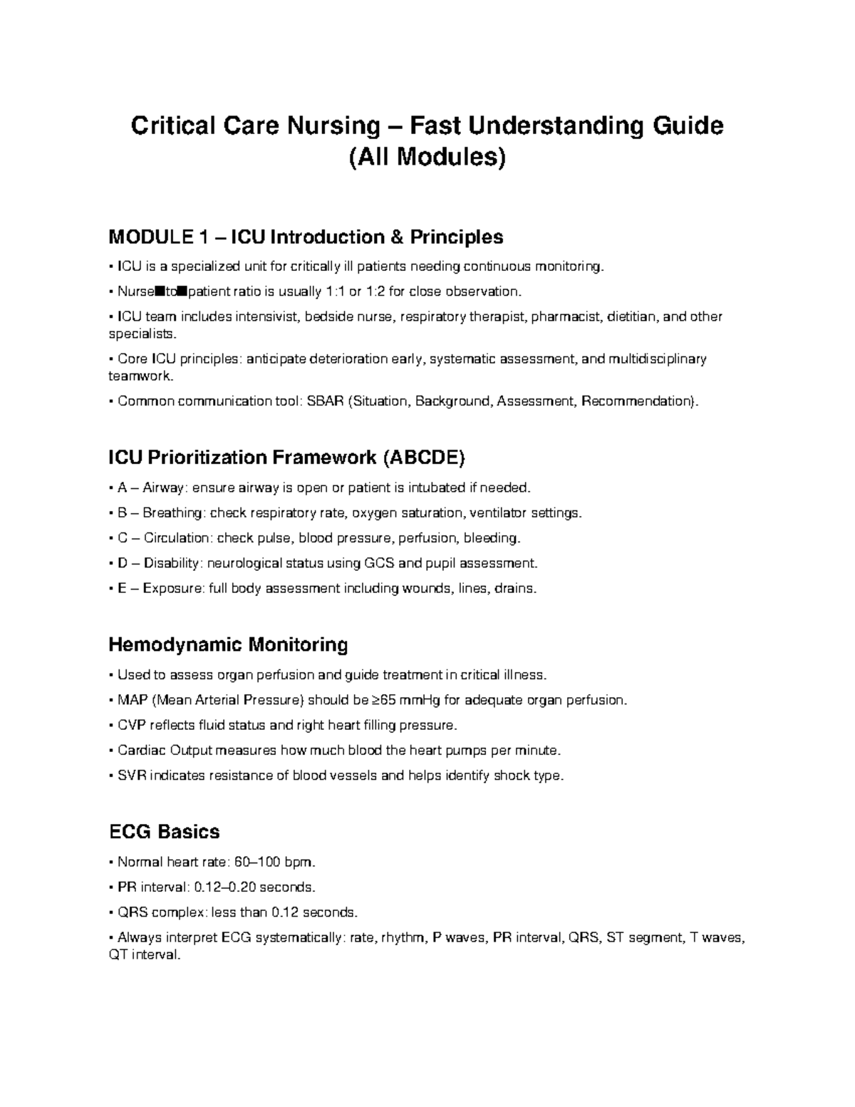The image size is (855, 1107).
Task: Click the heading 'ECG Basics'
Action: pos(164,832)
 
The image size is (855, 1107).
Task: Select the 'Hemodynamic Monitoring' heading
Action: pos(228,645)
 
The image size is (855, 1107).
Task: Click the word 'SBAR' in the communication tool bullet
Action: pos(324,401)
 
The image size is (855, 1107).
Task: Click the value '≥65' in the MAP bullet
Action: pos(385,700)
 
